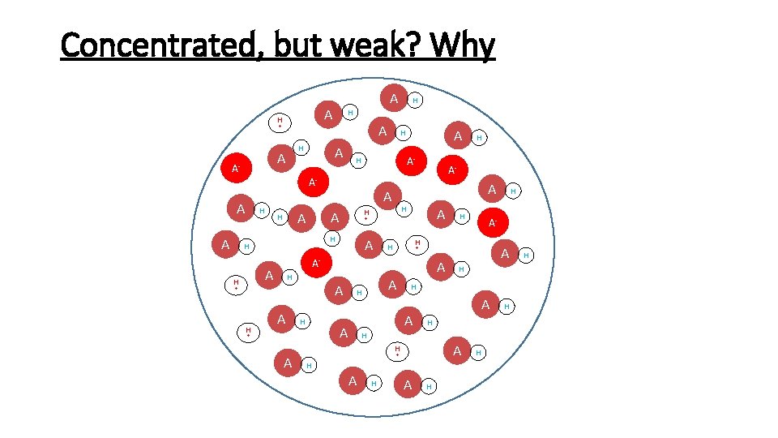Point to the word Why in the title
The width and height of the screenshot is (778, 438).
(464, 47)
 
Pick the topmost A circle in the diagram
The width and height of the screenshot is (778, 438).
(394, 98)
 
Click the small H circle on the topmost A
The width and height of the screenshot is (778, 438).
(415, 101)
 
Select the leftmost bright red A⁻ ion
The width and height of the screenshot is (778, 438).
(236, 169)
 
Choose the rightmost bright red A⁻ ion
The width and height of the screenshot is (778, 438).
(492, 222)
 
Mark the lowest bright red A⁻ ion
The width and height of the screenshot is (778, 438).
(316, 264)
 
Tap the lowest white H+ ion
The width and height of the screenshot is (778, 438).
(397, 351)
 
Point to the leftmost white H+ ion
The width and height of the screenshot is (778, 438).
(236, 285)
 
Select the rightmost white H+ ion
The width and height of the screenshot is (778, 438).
(417, 243)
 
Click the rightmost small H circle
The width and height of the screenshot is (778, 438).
(526, 256)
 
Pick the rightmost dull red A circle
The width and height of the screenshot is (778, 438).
(505, 255)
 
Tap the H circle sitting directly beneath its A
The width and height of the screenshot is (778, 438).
(331, 239)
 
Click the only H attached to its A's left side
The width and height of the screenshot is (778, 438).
(280, 217)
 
